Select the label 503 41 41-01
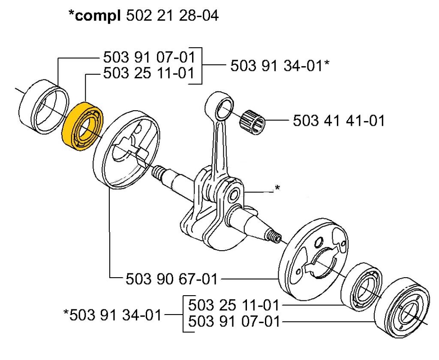pos(339,121)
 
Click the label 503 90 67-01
pos(171,280)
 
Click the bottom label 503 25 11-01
pos(234,306)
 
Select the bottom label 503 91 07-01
pos(234,321)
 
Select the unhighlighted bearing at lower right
pos(362,285)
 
